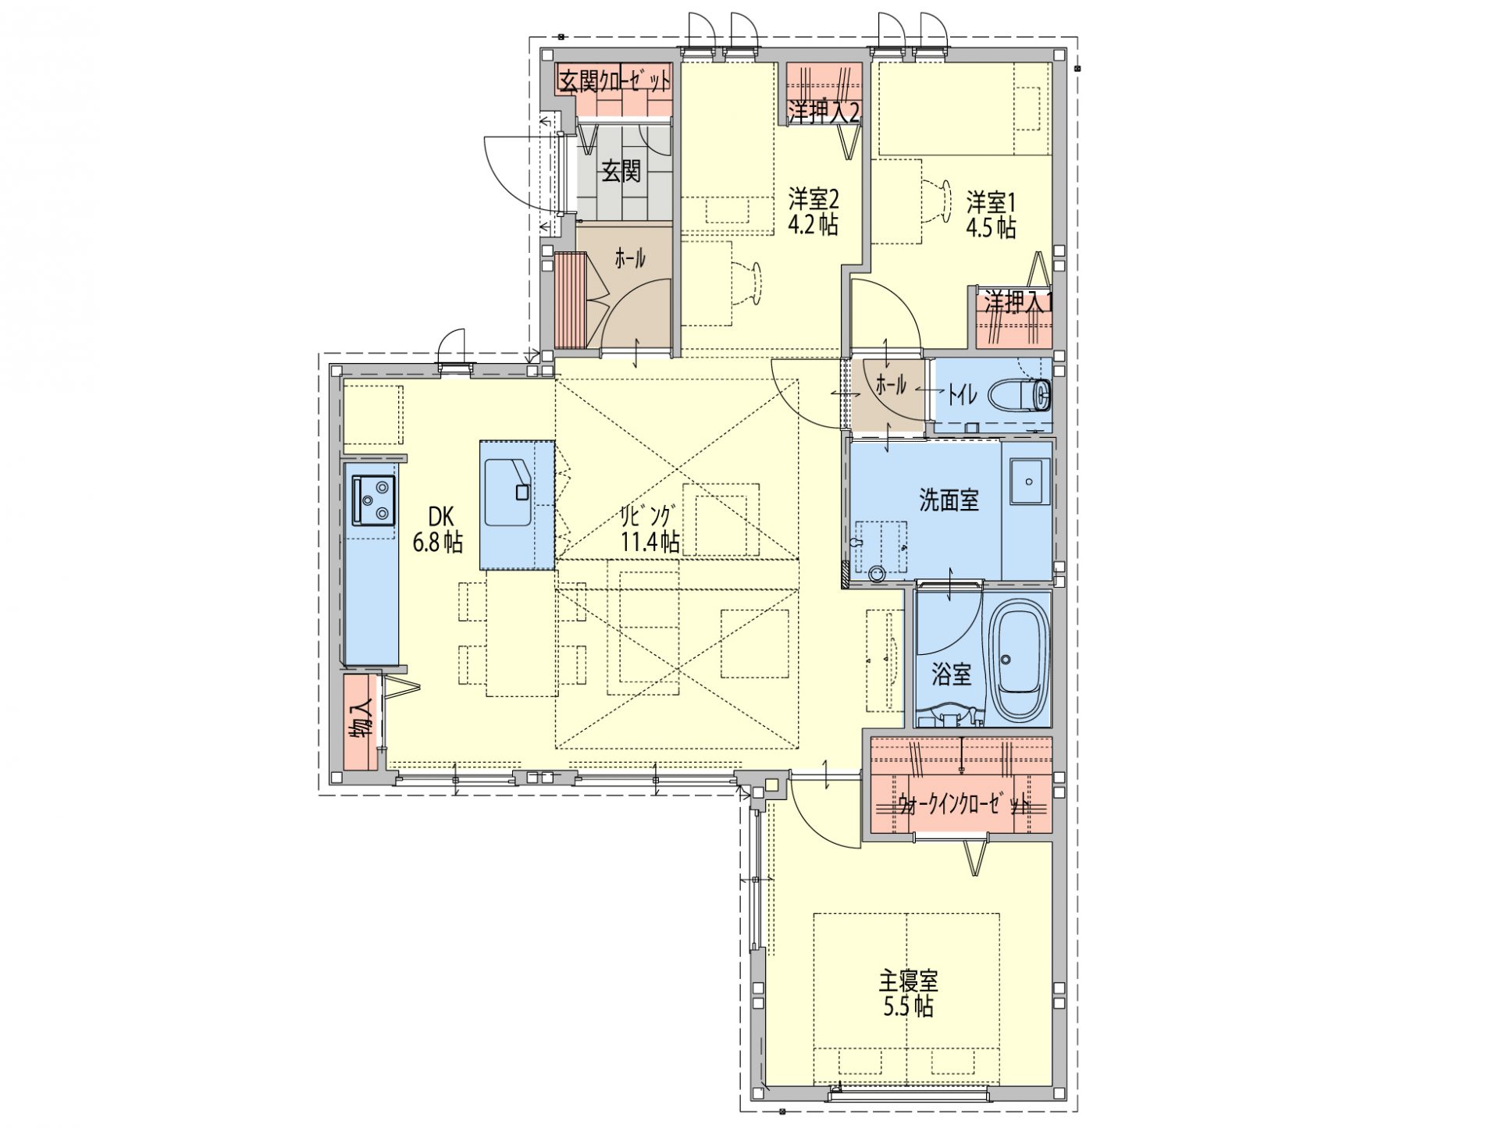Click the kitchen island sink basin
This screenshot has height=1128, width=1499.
click(x=508, y=492)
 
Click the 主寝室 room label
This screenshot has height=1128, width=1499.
click(x=908, y=980)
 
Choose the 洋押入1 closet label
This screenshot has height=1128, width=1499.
click(x=1017, y=302)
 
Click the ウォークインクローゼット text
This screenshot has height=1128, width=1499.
click(x=963, y=806)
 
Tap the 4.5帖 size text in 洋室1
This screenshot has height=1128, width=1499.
click(x=991, y=228)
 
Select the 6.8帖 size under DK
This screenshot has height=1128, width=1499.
click(x=437, y=541)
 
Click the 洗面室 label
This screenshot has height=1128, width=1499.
click(x=949, y=500)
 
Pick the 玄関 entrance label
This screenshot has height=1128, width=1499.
click(x=621, y=171)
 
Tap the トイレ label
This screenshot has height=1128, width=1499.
click(x=963, y=395)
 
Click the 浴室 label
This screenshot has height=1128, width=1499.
click(x=952, y=674)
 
